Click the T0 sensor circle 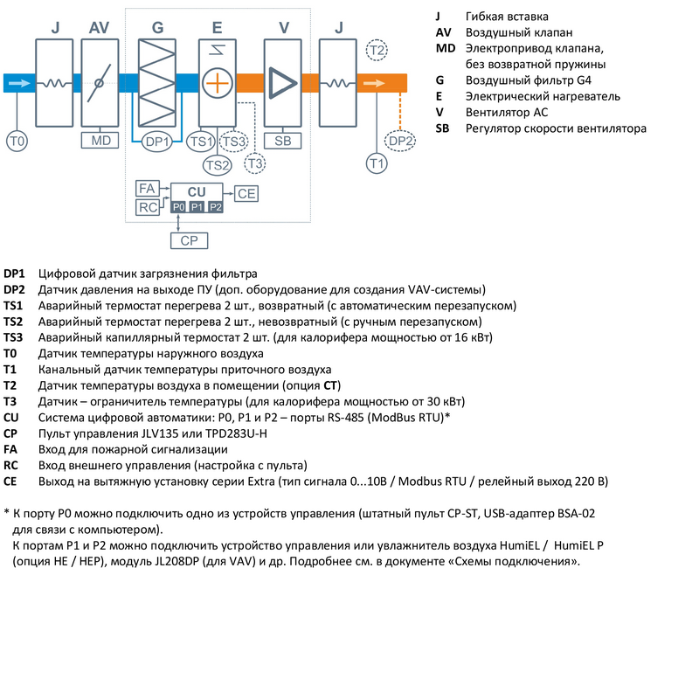click(17, 140)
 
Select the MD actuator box click(99, 140)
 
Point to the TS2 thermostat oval click(218, 163)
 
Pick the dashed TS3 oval click(233, 141)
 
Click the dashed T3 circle click(255, 163)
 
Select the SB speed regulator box click(282, 140)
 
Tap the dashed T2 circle click(376, 50)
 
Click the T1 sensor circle click(376, 163)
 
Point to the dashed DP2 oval click(401, 141)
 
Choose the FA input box click(147, 188)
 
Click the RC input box click(147, 206)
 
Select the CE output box click(246, 192)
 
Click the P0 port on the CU click(177, 206)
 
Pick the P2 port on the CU click(215, 206)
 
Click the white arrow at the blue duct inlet click(18, 84)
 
